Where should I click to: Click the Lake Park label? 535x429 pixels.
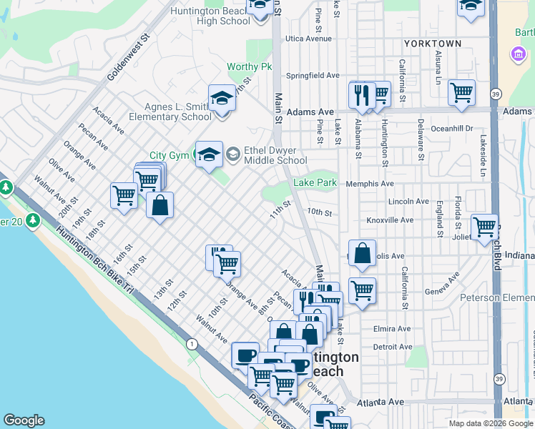tap(315, 183)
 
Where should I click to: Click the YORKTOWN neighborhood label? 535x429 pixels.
tap(432, 44)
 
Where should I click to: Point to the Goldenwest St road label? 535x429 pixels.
tap(127, 56)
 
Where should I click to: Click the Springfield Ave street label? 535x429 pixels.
tap(313, 75)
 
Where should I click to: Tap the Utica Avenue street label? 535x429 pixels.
tap(308, 39)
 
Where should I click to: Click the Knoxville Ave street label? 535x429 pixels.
tap(389, 220)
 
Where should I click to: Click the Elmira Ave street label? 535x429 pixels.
tap(392, 329)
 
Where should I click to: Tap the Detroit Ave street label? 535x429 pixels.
tap(393, 347)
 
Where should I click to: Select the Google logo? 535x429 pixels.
tap(24, 420)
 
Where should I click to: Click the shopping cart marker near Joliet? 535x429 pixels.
tap(485, 227)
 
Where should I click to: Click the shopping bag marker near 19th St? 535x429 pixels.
tap(159, 205)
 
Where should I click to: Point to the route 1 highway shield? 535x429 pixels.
tap(192, 344)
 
